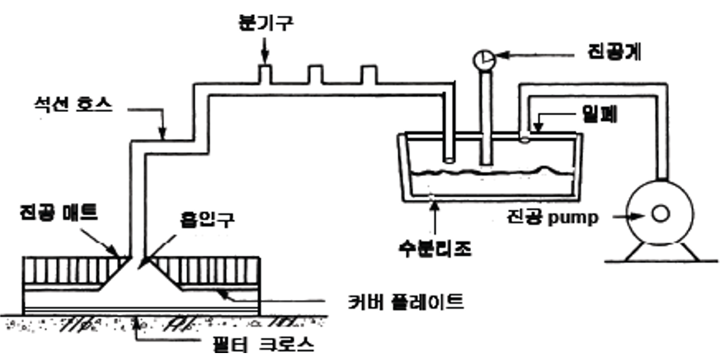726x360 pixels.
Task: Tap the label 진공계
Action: point(612,53)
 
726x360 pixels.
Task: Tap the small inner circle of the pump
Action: point(660,214)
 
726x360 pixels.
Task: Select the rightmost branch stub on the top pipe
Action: point(368,75)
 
